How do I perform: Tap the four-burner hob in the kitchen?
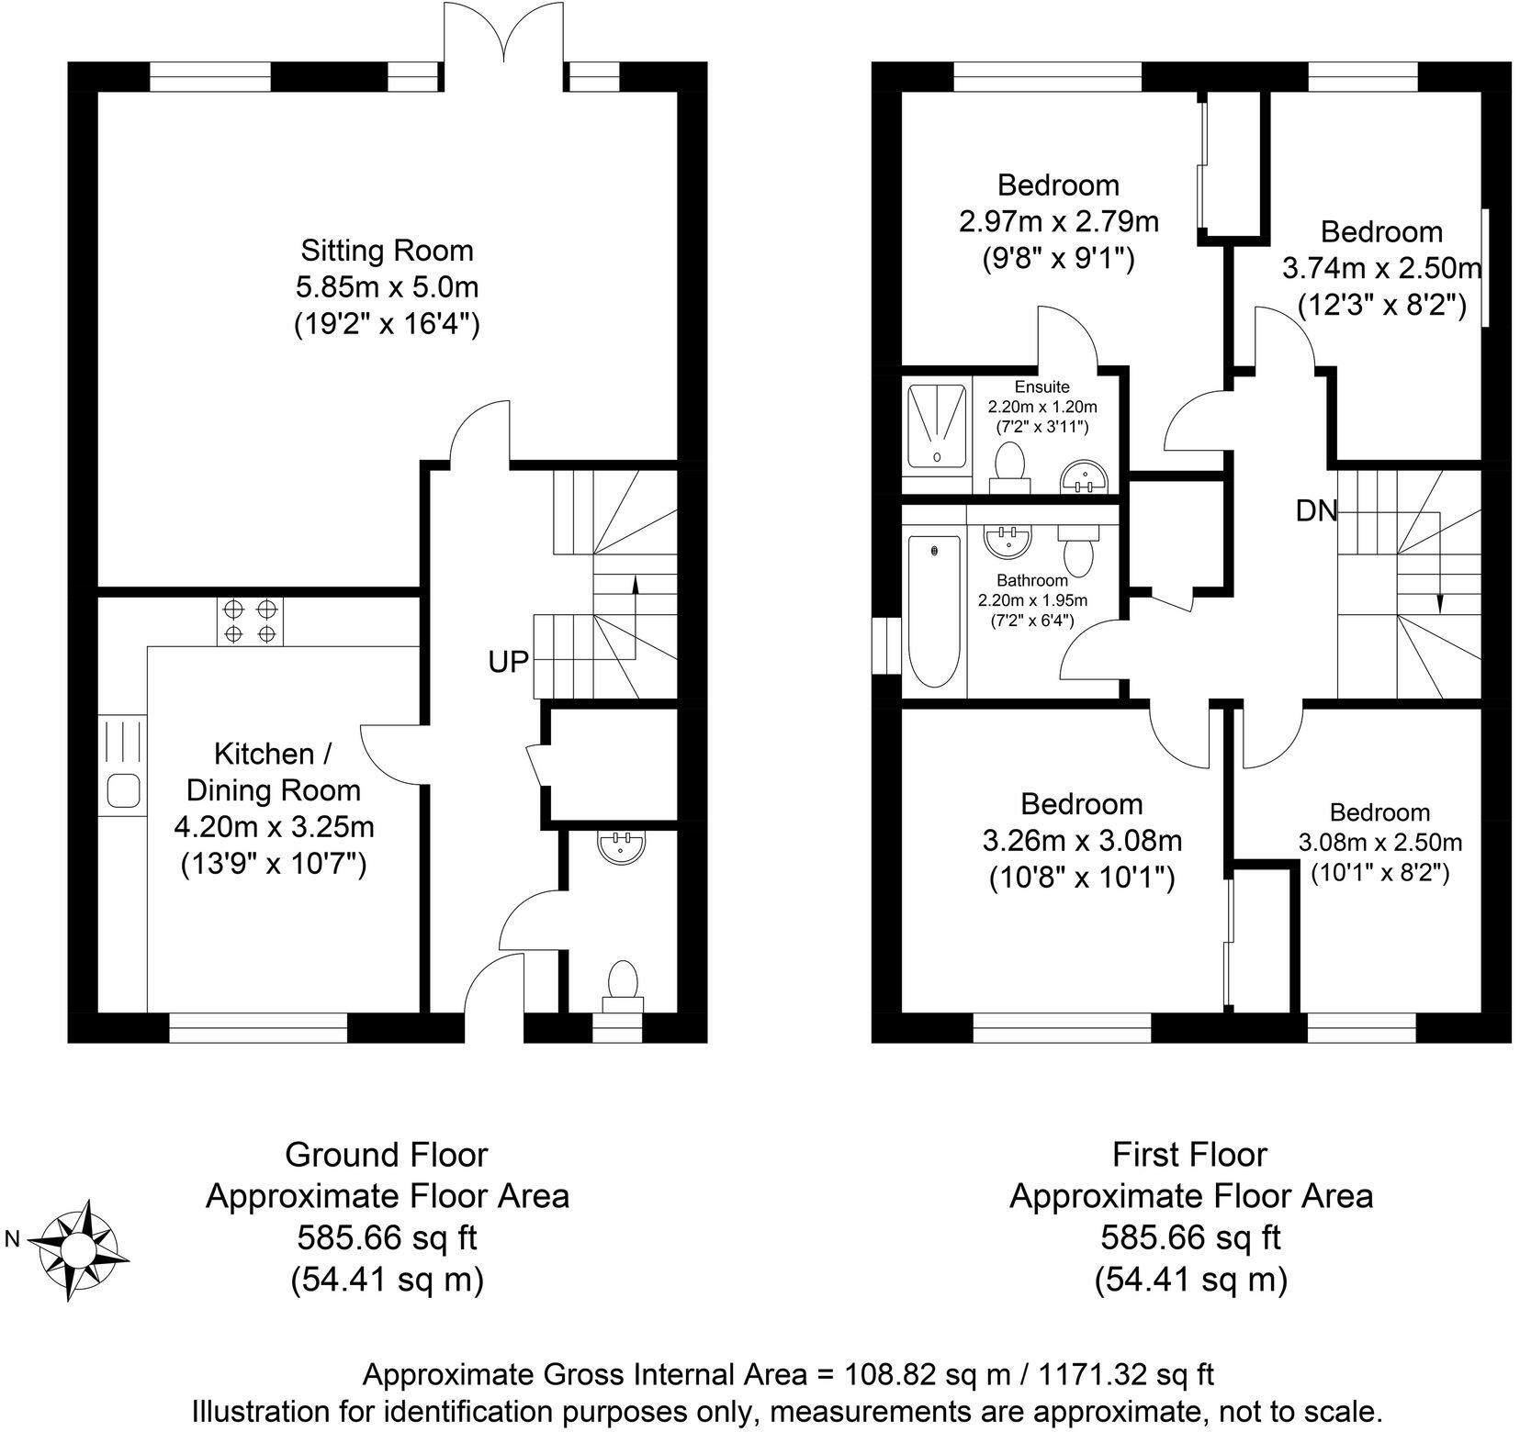pos(251,621)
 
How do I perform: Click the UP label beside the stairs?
pos(509,661)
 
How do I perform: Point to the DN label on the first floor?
pos(1316,511)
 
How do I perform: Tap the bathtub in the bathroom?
pos(934,611)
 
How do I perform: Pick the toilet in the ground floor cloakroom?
pos(623,986)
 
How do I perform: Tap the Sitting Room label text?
pos(388,250)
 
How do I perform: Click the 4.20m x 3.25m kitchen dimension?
pos(275,827)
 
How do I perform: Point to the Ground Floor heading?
pos(387,1154)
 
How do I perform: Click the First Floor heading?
pos(1190,1154)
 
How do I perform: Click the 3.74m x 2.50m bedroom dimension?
pos(1381,268)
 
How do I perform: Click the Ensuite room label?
pos(1042,387)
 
